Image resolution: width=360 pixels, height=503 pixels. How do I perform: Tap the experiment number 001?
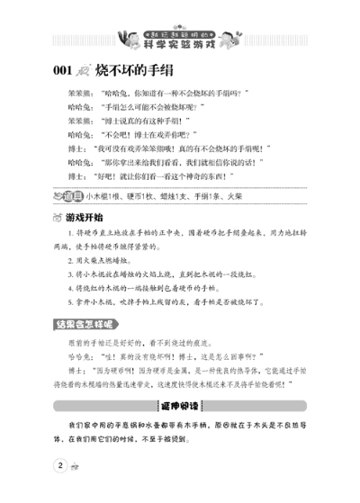pyautogui.click(x=67, y=69)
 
